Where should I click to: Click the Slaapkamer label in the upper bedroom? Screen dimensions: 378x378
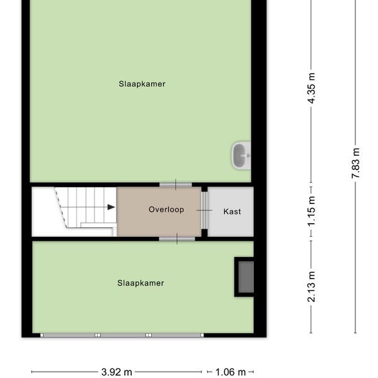click(142, 84)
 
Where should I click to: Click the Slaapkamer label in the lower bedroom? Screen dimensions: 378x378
click(140, 283)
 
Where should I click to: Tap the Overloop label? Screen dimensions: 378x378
click(166, 209)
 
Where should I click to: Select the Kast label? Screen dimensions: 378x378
click(232, 212)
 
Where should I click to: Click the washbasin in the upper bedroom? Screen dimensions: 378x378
click(241, 156)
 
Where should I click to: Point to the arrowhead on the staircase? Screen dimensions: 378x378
click(112, 207)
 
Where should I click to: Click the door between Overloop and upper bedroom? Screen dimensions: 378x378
click(176, 185)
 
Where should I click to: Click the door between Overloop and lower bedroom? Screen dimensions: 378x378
click(176, 239)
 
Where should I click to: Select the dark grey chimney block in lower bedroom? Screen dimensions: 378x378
click(245, 277)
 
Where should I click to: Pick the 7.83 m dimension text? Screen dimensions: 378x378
click(356, 163)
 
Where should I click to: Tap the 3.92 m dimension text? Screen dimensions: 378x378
click(117, 372)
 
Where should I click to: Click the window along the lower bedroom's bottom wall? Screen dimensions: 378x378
click(122, 335)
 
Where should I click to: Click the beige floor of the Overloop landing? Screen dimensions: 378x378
click(157, 224)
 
